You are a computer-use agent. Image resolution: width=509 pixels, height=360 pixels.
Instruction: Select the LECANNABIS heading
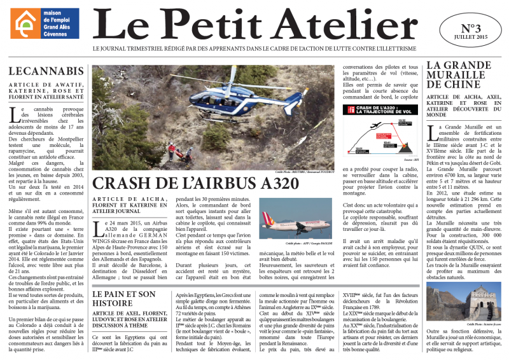pyautogui.click(x=46, y=71)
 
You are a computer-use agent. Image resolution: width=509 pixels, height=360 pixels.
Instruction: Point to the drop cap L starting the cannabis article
pyautogui.click(x=14, y=114)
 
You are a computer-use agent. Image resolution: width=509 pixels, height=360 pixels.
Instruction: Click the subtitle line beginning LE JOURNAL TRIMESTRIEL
pyautogui.click(x=254, y=48)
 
